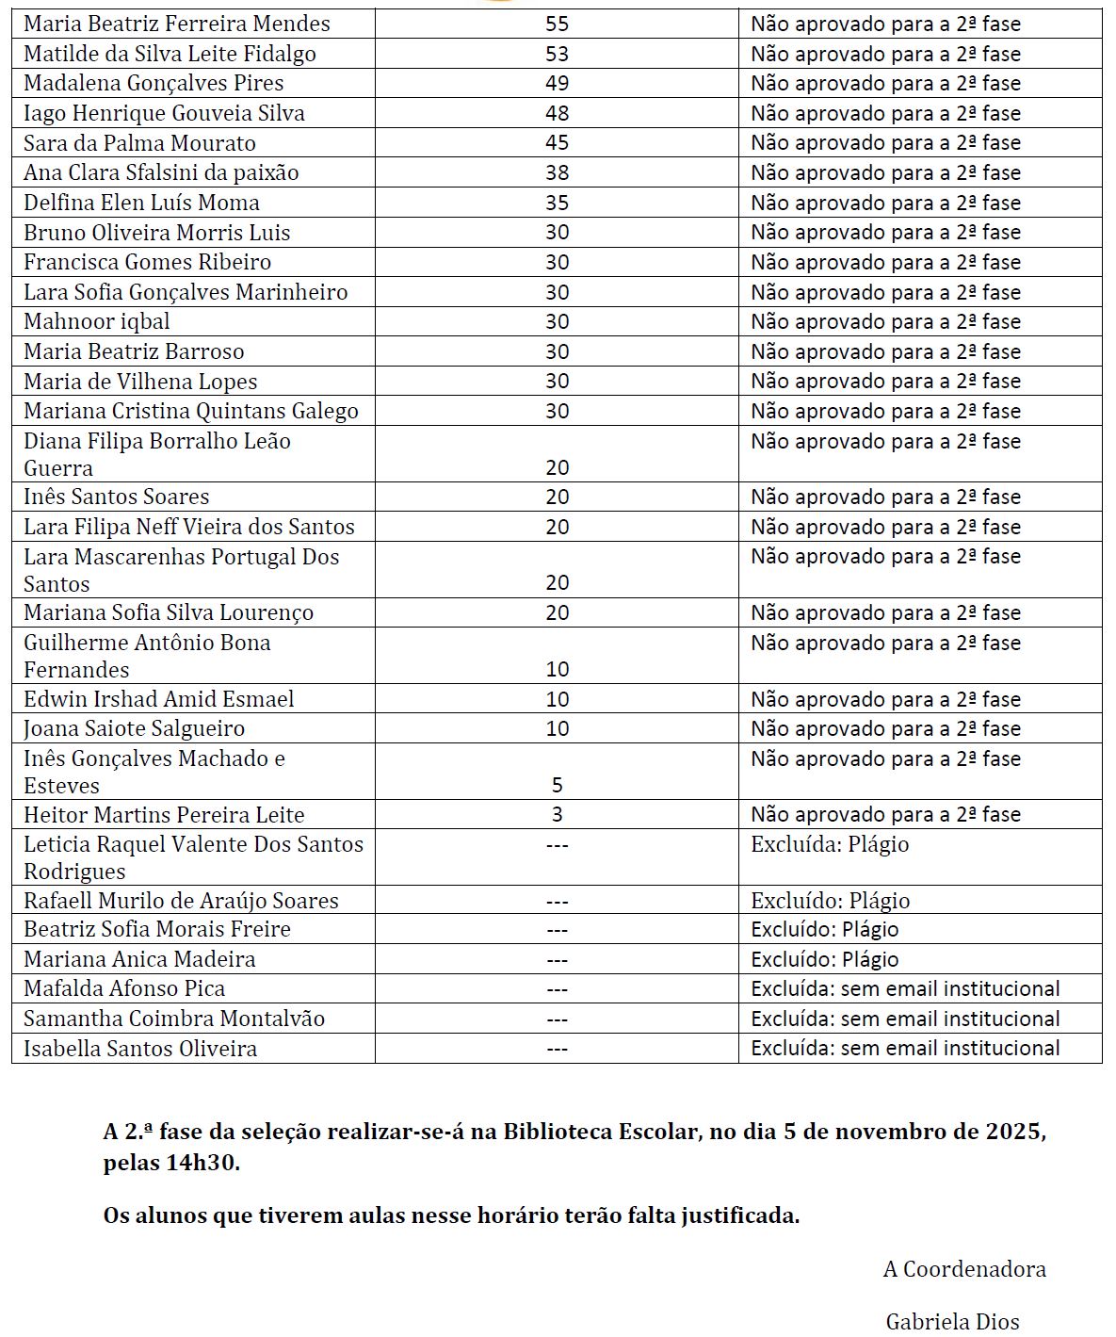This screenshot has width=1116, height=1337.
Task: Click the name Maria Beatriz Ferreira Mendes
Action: click(177, 24)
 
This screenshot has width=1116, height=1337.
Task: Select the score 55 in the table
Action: click(557, 24)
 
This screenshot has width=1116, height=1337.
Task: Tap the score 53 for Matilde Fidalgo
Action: click(557, 54)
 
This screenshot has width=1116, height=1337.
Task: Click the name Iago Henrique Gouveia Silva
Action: click(164, 113)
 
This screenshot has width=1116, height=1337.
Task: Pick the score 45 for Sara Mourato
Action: click(557, 143)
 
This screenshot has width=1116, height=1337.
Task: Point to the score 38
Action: click(557, 172)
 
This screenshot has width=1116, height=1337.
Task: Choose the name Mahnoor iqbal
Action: click(97, 321)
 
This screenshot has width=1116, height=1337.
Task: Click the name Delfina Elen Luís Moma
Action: click(141, 203)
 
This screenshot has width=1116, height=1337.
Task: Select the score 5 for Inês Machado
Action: click(557, 785)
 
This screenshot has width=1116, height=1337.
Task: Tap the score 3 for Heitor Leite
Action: click(557, 814)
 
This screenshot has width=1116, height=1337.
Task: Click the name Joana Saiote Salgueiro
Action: click(134, 728)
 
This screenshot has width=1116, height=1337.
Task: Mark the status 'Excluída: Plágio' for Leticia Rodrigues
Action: click(830, 844)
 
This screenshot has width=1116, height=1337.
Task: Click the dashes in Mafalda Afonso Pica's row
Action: click(557, 988)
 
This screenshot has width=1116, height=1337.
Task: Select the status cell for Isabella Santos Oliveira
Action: click(905, 1048)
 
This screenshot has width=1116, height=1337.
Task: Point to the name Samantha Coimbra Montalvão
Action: click(174, 1019)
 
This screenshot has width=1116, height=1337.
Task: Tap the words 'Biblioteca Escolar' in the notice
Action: click(603, 1131)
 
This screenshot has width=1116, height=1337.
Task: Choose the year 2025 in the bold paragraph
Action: click(1013, 1131)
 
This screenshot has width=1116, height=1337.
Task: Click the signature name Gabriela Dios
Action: click(952, 1322)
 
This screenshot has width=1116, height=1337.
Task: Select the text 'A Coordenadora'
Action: click(964, 1269)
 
